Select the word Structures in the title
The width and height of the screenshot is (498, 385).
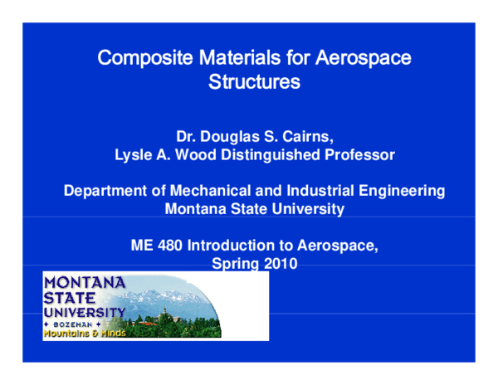[254, 83]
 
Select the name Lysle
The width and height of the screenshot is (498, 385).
[133, 154]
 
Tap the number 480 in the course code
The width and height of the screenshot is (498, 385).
[170, 246]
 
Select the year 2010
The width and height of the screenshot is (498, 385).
[280, 264]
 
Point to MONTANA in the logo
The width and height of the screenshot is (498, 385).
[84, 282]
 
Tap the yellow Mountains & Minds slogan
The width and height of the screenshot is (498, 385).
[82, 333]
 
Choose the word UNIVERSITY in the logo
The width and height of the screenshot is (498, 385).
[84, 312]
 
